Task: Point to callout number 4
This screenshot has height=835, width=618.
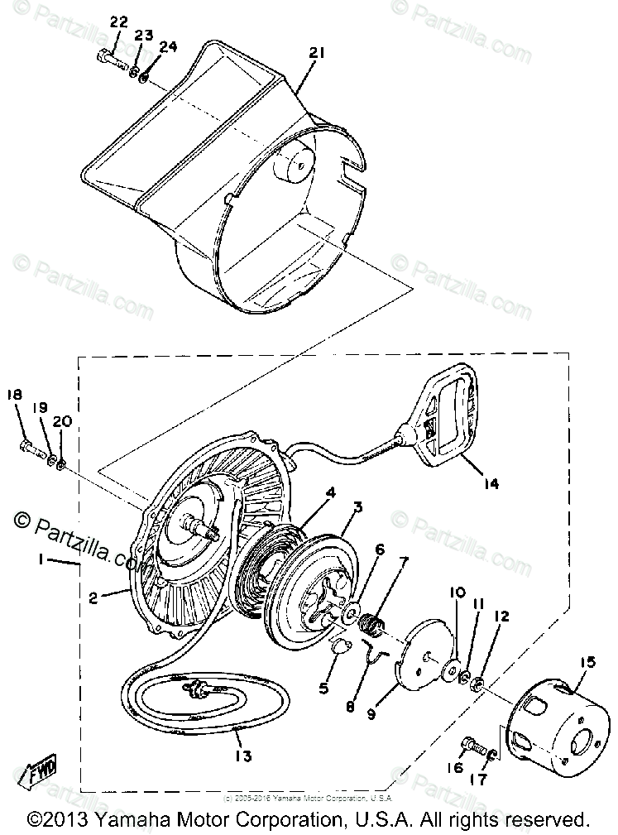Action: tap(331, 492)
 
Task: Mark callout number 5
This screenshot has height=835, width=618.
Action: tap(323, 687)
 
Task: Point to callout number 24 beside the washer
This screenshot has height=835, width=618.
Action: tap(168, 46)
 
